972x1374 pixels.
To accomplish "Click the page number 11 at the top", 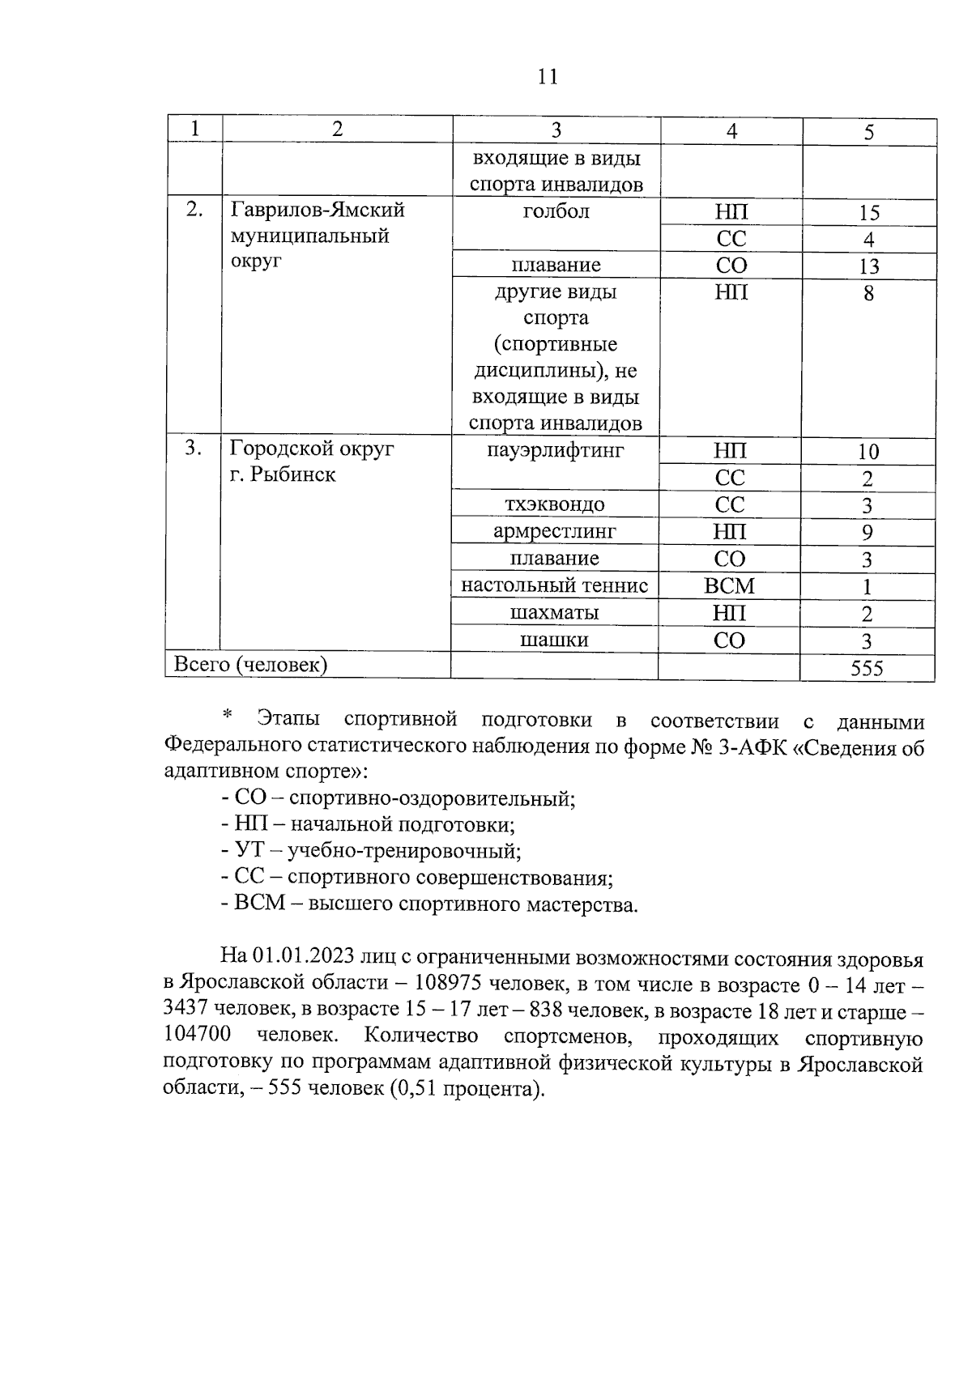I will [x=548, y=77].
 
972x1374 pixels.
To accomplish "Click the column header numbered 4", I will [x=731, y=131].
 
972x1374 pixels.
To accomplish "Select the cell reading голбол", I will [x=556, y=212].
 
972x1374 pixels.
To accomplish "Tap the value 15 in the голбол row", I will [x=868, y=214].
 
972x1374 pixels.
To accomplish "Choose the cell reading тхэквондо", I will [x=555, y=505].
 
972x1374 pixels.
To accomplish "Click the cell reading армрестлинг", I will [x=555, y=532].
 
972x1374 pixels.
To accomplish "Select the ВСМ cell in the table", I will [x=730, y=586].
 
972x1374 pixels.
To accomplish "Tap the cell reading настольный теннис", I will [x=555, y=585].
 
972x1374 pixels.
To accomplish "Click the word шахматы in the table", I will [x=555, y=613].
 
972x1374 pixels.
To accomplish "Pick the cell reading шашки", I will [x=555, y=640].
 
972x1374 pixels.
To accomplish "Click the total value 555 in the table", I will [x=867, y=669].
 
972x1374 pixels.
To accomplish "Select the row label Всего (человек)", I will [x=251, y=666].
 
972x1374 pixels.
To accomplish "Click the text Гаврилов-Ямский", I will [x=318, y=211].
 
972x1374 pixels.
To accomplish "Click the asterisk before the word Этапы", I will [x=228, y=715].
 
